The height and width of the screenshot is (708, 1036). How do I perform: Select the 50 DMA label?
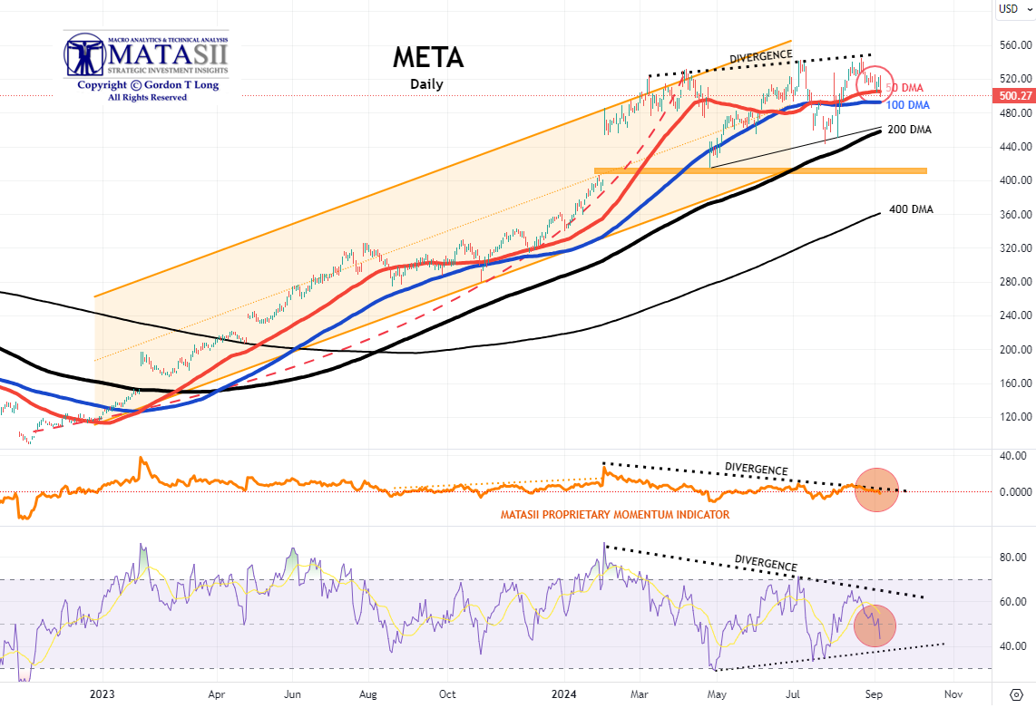[904, 88]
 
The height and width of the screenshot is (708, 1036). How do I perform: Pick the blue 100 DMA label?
[908, 106]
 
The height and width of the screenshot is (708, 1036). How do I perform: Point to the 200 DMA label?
[910, 130]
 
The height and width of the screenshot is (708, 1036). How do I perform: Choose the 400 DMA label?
[910, 209]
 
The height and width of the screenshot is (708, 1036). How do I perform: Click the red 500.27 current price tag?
[1014, 95]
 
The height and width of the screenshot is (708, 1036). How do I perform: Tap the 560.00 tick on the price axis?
[1014, 44]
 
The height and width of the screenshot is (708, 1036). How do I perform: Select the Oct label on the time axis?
[447, 693]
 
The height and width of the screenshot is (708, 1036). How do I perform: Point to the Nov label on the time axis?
[953, 693]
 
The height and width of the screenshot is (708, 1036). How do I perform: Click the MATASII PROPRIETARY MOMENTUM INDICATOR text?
[614, 515]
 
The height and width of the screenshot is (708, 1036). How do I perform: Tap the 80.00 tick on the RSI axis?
[1014, 558]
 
